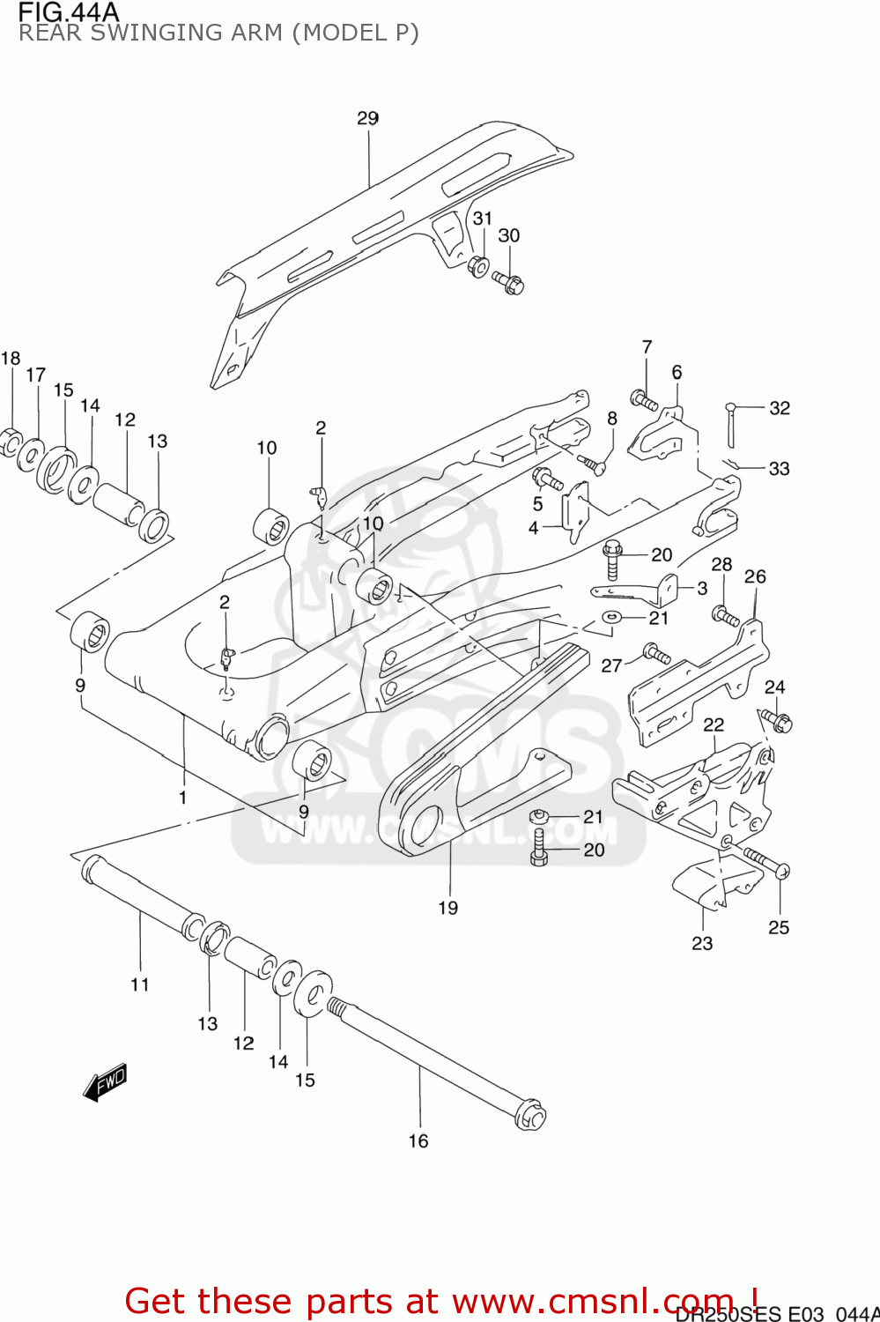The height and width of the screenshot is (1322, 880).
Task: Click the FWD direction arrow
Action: coord(105,1081)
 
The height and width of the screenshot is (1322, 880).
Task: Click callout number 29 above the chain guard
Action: coord(367,118)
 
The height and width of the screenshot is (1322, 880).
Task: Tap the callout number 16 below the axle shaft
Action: coord(418,1140)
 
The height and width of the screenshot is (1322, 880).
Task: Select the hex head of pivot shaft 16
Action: coord(531,1116)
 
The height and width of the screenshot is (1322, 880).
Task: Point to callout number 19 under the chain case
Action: coord(447,908)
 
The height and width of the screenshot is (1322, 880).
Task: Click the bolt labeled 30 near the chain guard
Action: coord(508,282)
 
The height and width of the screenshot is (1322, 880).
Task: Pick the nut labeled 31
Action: coord(478,264)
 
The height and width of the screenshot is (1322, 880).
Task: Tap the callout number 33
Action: coord(779,468)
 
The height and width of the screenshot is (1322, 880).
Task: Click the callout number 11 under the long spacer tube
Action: coord(140,984)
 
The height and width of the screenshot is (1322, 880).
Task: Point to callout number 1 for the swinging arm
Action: coord(183,798)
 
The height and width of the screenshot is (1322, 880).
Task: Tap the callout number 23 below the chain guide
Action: coord(701,943)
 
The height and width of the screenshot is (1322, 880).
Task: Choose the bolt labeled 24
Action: coord(777,720)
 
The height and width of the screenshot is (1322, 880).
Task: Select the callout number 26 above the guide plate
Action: coord(755,576)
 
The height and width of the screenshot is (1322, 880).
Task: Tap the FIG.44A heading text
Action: coord(68,11)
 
